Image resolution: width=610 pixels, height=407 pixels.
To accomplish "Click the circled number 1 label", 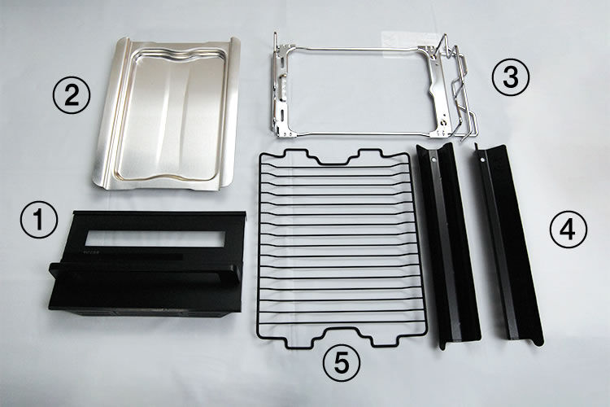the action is (x=38, y=220).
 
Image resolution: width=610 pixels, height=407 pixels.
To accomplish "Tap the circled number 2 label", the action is (x=72, y=94).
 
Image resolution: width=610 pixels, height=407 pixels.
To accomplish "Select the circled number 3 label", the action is (x=511, y=77).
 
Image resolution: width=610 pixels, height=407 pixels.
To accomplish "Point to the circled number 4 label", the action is (x=568, y=230).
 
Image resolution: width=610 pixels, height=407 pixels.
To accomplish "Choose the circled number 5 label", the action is (x=341, y=363).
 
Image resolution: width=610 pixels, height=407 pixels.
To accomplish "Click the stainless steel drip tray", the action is (x=168, y=114).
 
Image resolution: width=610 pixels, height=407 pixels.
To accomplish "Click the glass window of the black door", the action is (x=155, y=239).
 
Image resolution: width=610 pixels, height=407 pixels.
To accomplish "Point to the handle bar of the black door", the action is (x=145, y=273).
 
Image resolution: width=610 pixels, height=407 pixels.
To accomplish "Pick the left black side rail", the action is (x=448, y=245).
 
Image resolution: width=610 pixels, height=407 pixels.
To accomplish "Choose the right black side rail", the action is (x=508, y=244).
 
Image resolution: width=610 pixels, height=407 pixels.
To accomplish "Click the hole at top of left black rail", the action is (x=433, y=159).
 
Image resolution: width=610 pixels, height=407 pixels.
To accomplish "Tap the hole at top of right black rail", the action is (x=482, y=160).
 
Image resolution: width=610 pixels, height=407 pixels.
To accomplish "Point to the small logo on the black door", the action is (x=92, y=252).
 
